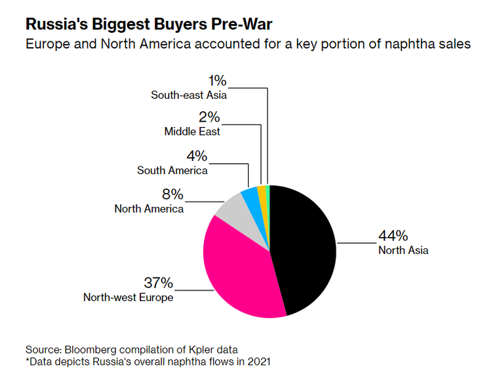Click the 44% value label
[x=393, y=236]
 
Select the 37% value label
[x=159, y=283]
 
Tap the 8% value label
[x=172, y=194]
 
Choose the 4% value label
[x=197, y=156]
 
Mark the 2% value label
[x=209, y=117]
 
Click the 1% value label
[x=218, y=81]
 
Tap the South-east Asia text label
[x=189, y=95]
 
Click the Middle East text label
[x=192, y=132]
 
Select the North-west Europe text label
[x=128, y=297]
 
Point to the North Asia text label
[x=403, y=250]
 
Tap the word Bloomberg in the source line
[x=90, y=350]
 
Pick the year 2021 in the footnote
[x=259, y=362]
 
